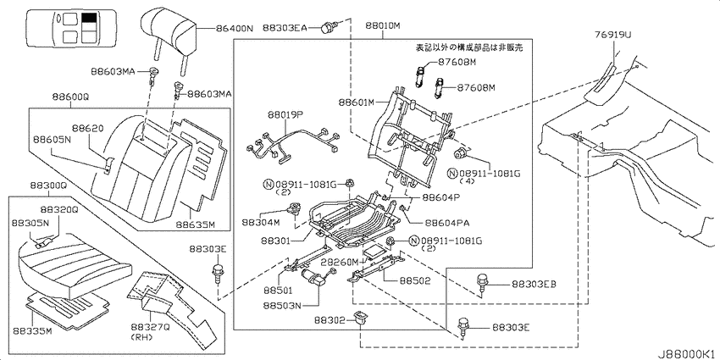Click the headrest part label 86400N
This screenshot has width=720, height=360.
[234, 28]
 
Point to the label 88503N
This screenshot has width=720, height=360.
[282, 305]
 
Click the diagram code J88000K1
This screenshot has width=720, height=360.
[689, 355]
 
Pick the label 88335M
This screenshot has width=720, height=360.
[31, 330]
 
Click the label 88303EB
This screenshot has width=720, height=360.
[534, 285]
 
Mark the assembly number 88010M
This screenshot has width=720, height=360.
[383, 25]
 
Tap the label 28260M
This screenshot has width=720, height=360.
[340, 262]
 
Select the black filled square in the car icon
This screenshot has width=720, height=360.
[89, 19]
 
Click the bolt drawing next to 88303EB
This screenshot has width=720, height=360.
[482, 282]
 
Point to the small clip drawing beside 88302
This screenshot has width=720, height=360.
[361, 318]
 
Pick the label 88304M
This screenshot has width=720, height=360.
[261, 222]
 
